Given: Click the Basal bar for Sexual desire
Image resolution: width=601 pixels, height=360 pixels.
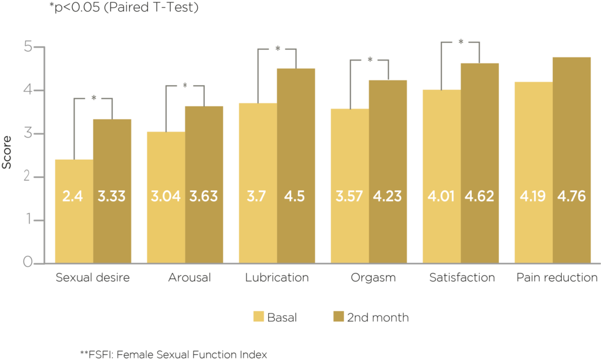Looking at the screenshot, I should [73, 211].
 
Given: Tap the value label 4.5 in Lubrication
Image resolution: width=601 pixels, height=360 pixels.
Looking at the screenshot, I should [296, 195].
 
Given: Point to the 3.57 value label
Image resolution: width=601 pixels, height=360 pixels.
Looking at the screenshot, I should [349, 195].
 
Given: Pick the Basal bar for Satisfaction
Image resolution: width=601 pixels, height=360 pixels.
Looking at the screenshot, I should [441, 176].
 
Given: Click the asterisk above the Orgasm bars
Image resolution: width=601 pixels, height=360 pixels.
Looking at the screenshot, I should [370, 60].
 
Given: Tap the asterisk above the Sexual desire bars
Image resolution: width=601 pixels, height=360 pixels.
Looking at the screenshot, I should [93, 99].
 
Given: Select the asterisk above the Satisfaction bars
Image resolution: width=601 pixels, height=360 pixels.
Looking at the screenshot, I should [461, 43].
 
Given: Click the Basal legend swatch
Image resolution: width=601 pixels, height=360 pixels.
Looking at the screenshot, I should [258, 317].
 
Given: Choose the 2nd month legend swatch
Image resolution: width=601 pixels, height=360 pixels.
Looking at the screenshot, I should [338, 317].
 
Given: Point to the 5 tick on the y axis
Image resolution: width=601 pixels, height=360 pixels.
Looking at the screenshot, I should [28, 48].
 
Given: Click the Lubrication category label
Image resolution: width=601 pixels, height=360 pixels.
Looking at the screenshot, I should [277, 277].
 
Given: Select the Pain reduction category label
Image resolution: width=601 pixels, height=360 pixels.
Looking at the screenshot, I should [556, 277].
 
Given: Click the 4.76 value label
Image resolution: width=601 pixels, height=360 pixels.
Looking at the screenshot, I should [572, 195].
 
